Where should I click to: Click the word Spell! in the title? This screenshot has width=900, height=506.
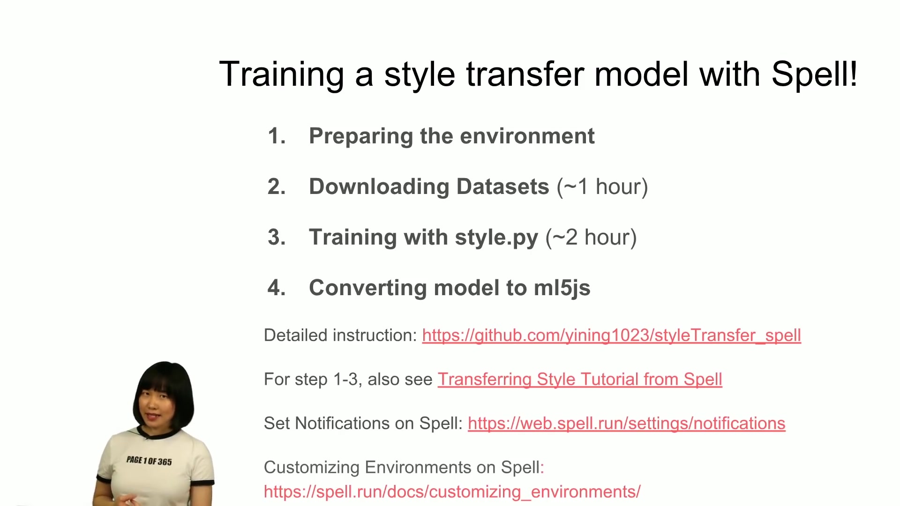(814, 75)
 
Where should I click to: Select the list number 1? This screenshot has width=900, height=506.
(277, 136)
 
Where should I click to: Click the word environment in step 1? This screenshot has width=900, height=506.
(527, 136)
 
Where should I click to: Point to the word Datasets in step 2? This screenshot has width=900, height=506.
(502, 187)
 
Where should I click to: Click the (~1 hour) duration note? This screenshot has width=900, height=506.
(602, 187)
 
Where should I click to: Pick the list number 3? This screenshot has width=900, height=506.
(277, 238)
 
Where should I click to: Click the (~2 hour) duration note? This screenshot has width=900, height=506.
(591, 238)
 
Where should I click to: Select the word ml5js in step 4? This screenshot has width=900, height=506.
(562, 289)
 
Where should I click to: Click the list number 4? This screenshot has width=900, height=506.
(277, 288)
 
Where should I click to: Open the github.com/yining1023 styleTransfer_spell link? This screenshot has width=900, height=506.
(611, 336)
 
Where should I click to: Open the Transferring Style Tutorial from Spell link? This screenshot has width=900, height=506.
(580, 379)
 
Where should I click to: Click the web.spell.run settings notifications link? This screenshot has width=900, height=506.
(626, 424)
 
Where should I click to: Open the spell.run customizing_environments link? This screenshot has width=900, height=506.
(452, 492)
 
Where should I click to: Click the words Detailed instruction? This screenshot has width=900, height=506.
(340, 335)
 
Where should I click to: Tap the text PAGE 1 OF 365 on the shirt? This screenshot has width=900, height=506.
(149, 461)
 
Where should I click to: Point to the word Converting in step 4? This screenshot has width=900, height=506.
(368, 289)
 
